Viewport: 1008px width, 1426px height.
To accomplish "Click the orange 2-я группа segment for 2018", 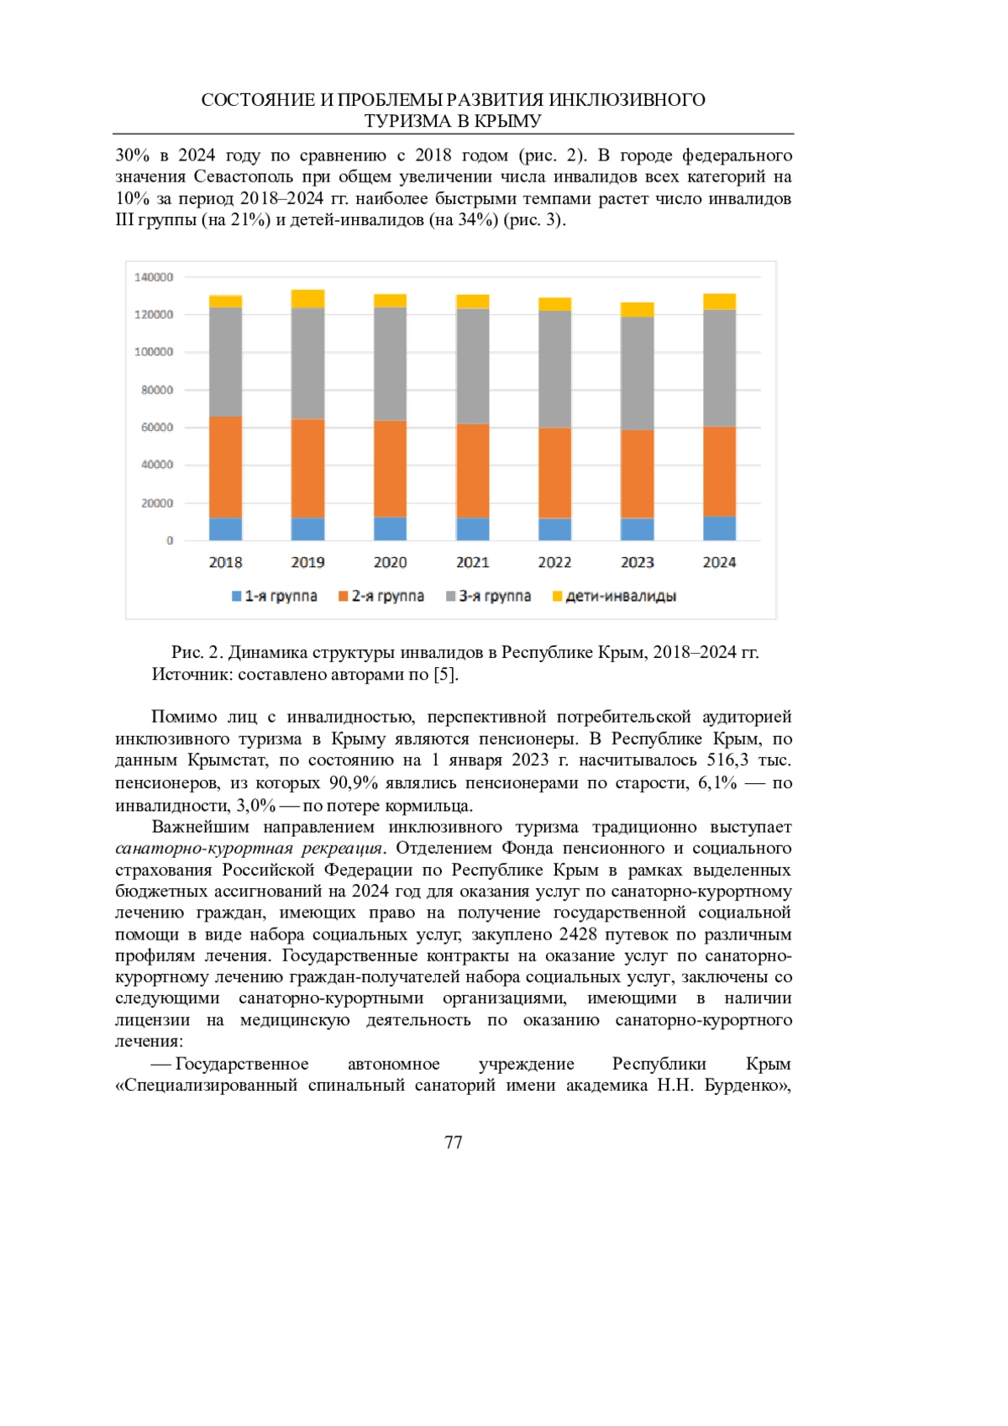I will coord(225,467).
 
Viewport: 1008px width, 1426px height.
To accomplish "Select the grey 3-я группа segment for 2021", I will coord(473,366).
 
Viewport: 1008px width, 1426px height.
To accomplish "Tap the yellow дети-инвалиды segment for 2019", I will coord(307,298).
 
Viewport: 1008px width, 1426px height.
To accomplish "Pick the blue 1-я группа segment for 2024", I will coord(719,529).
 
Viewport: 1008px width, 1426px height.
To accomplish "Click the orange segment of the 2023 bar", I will coord(637,474).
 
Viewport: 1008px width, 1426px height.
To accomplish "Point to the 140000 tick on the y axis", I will coord(154,277).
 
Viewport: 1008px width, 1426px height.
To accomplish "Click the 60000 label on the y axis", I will coord(157,428).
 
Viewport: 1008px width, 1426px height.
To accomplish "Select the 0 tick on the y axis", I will coord(170,540).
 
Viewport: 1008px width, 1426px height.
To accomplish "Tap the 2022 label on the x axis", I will coord(554,563).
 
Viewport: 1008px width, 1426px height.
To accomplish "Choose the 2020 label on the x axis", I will coord(390,563).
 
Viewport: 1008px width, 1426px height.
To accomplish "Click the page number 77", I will coord(454,1143).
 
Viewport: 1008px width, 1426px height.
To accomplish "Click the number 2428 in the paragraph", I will coord(578,934).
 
